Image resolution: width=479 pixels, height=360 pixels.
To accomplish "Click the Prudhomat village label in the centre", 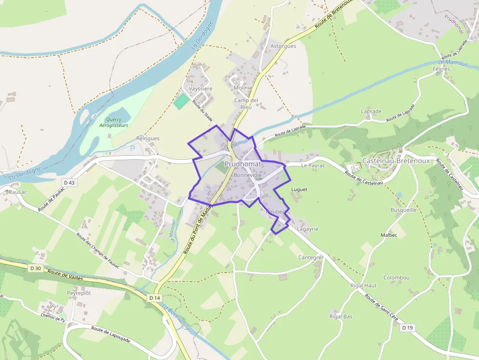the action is tap(243, 164).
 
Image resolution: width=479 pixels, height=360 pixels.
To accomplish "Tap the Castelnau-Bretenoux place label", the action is tap(396, 161).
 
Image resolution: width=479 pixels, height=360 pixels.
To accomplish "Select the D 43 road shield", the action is tap(69, 183).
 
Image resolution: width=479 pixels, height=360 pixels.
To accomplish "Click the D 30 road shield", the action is tap(35, 268).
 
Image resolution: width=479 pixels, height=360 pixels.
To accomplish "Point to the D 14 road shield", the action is tap(154, 297).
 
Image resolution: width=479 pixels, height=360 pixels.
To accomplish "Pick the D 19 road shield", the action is tap(408, 328).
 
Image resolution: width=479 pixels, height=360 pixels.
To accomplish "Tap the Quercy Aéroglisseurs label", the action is tap(113, 122).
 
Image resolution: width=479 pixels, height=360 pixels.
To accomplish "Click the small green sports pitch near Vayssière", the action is tap(181, 102).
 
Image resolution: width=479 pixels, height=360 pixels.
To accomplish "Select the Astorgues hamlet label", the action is tap(283, 46).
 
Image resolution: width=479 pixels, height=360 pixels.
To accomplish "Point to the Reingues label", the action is tap(148, 138).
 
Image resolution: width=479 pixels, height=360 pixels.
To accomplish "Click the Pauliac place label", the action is tap(18, 192).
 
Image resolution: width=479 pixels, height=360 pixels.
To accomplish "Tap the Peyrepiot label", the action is tap(79, 293).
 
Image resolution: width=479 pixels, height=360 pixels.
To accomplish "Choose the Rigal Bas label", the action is tap(341, 317).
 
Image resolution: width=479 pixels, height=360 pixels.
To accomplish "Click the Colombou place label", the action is tap(396, 277).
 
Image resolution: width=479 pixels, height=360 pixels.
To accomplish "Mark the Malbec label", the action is tap(389, 235).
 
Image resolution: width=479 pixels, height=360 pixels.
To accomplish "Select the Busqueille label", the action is tap(403, 210).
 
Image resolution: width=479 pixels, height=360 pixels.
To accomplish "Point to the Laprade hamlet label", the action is tap(371, 111).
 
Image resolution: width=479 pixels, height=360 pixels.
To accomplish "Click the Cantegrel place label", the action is tap(311, 257).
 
